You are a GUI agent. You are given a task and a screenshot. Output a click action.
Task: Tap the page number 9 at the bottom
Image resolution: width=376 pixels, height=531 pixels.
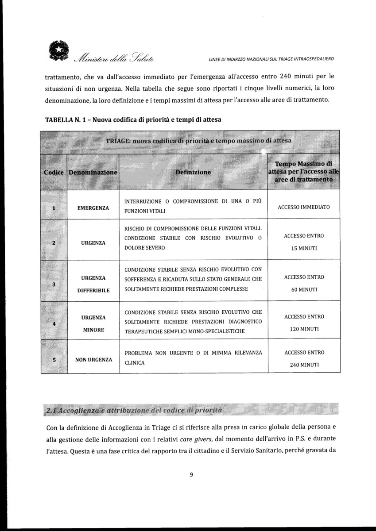[191, 475]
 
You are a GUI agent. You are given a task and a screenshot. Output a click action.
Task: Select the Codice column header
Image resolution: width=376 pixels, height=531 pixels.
[53, 172]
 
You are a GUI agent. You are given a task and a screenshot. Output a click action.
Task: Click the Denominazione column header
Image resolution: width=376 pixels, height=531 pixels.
[93, 172]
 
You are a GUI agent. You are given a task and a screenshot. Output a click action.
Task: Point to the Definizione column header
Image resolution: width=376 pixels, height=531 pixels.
[193, 172]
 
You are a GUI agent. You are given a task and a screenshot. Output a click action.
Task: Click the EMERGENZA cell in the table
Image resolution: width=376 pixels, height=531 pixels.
[93, 208]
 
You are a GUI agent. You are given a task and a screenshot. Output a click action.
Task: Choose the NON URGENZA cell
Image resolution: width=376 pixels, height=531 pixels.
[93, 359]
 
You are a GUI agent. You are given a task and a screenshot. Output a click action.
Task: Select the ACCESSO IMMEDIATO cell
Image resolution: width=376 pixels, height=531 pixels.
[304, 207]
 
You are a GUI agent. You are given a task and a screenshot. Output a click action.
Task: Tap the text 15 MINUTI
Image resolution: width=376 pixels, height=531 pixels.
[304, 248]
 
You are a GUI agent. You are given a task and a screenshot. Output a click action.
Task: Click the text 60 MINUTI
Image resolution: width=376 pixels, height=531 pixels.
[304, 289]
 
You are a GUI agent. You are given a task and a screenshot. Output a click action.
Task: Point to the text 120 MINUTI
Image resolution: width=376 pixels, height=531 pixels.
[304, 329]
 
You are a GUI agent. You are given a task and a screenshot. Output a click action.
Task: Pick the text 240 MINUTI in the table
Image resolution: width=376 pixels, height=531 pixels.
[304, 365]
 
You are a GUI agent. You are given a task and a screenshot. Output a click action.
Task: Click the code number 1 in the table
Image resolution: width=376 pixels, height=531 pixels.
[54, 207]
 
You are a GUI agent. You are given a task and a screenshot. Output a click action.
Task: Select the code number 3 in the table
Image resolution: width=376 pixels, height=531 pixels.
[54, 284]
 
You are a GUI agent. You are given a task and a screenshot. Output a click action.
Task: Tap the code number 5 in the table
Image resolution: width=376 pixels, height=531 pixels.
[54, 360]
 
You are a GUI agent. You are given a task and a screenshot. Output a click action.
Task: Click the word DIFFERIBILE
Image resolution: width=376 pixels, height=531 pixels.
[93, 290]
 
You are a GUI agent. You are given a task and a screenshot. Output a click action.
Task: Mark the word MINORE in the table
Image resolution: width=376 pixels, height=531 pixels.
[93, 330]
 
